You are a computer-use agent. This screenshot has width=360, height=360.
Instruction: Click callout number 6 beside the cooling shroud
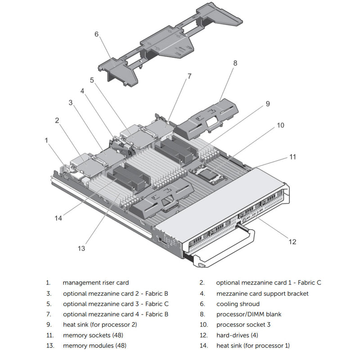(96, 34)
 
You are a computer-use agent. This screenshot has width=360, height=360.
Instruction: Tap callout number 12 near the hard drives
(292, 242)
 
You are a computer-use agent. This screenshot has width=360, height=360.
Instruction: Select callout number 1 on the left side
(46, 140)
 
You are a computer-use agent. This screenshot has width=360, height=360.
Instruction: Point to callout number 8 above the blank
(234, 63)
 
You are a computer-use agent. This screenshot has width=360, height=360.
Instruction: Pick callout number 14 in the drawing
(58, 218)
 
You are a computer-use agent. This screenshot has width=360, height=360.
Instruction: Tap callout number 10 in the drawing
(280, 125)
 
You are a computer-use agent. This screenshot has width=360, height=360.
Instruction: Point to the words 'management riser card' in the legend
(95, 283)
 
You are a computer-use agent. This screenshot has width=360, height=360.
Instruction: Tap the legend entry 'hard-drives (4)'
(237, 335)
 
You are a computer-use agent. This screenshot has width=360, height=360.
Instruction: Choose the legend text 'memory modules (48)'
(94, 346)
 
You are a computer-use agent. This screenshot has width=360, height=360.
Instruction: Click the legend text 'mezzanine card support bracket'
(262, 293)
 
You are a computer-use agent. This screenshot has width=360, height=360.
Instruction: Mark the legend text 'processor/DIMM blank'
(248, 314)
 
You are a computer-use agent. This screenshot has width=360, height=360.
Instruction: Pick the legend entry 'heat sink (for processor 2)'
(100, 324)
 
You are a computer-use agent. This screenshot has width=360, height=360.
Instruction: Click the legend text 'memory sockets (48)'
(93, 335)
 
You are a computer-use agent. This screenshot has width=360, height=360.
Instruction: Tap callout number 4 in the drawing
(82, 90)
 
